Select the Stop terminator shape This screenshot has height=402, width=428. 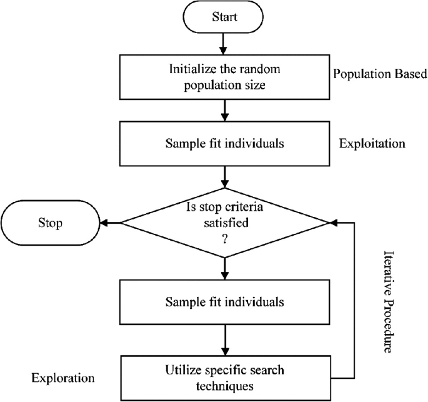[51, 222]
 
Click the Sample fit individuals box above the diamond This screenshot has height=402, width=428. [224, 143]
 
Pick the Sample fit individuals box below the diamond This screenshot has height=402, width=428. [224, 302]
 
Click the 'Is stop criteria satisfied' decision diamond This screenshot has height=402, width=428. [224, 222]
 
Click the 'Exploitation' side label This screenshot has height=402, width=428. [372, 143]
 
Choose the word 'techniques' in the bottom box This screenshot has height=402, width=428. [224, 386]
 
